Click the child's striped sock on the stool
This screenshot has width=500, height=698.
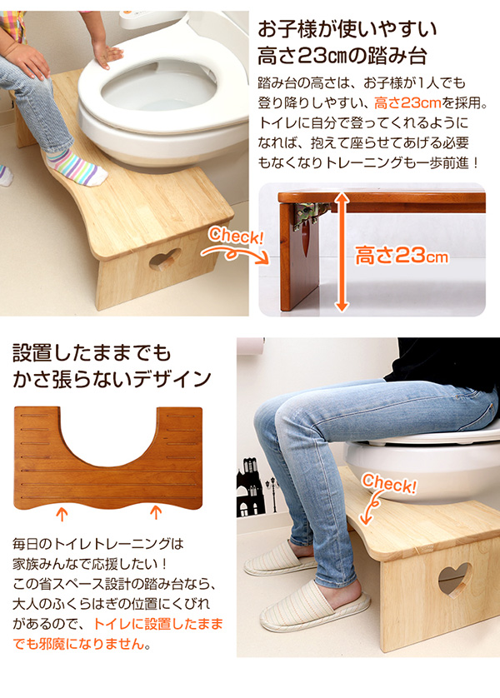[77, 167]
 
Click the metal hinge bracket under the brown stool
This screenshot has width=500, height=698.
[311, 214]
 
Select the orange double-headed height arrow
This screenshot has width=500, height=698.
[342, 252]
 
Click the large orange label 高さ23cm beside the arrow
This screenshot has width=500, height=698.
[402, 257]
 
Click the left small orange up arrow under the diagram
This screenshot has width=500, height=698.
[62, 514]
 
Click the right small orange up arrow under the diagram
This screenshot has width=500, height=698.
[155, 512]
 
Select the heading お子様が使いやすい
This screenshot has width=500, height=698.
[347, 30]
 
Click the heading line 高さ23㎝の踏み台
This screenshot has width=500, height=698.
[342, 56]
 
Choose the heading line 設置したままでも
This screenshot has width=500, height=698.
[92, 352]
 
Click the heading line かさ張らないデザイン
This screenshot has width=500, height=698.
[112, 379]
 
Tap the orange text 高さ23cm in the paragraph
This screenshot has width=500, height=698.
[407, 103]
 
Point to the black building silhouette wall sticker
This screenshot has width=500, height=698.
[252, 487]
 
